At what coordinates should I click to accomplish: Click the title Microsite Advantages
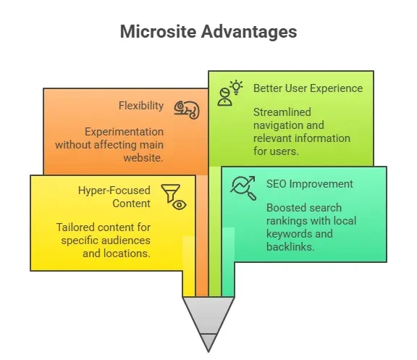[208, 32]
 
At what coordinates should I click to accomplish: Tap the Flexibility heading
[141, 106]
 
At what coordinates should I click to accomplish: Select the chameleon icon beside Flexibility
[186, 109]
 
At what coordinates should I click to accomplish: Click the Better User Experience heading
[308, 88]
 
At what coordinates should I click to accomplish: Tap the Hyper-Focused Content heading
[114, 196]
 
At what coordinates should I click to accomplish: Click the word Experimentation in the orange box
[124, 132]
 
